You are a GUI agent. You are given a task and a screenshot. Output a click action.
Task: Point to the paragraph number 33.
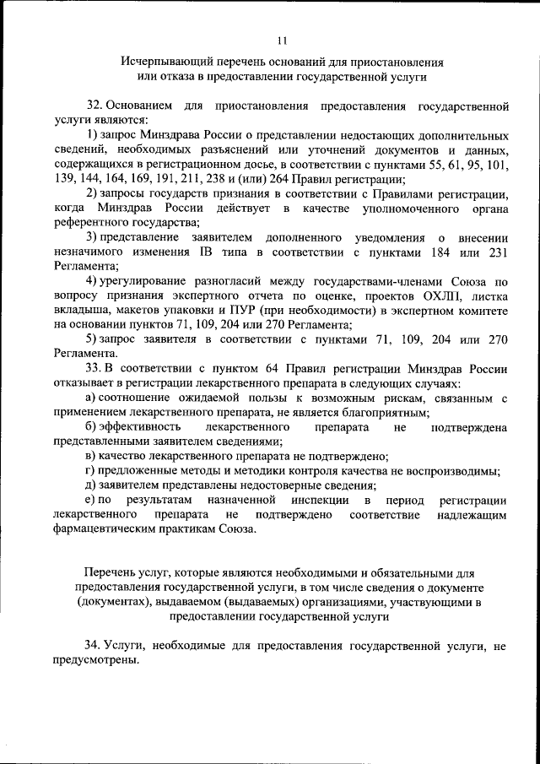[93, 368]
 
